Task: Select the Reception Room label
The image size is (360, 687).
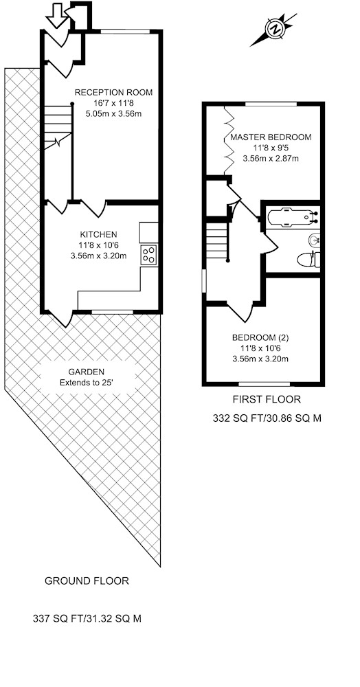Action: (113, 93)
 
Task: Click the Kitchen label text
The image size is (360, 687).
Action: (98, 234)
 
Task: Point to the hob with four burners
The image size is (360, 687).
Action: (149, 255)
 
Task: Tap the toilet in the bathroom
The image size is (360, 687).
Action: (308, 260)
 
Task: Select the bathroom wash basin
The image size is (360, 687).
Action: (314, 240)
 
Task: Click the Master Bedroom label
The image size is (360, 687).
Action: (271, 137)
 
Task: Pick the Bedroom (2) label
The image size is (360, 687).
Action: (261, 338)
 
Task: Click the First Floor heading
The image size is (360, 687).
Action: (267, 399)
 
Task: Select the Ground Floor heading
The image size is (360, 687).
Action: (87, 581)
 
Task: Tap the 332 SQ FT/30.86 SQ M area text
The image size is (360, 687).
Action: (267, 418)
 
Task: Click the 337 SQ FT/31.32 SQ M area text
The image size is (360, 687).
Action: (87, 619)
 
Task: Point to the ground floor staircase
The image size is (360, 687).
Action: (58, 127)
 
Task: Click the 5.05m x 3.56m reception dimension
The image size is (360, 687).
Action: (114, 113)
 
